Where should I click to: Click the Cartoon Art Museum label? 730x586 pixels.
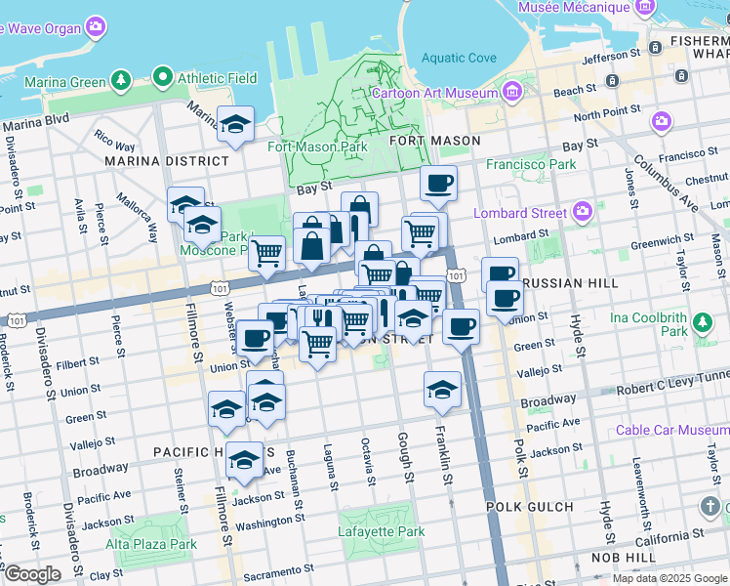click(x=435, y=94)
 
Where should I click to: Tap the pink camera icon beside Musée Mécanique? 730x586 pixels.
click(x=643, y=8)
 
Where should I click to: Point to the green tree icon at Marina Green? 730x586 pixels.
click(x=120, y=78)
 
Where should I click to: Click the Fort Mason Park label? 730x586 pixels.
click(x=317, y=147)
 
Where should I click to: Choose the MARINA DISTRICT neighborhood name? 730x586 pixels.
click(x=167, y=160)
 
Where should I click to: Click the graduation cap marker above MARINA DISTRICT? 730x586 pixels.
click(x=235, y=124)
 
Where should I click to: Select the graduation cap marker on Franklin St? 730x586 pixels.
click(x=442, y=389)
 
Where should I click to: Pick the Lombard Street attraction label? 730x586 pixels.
click(x=520, y=213)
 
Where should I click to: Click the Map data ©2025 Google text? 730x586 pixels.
click(x=669, y=578)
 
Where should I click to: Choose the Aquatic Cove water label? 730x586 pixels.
click(x=459, y=59)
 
